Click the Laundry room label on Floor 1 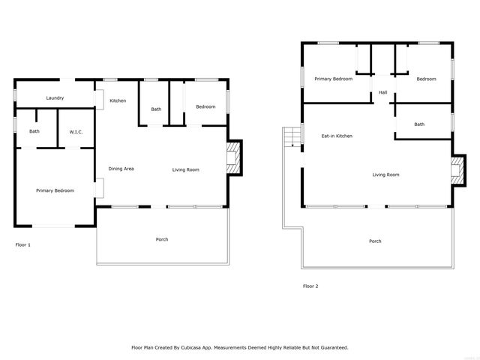tap(55, 98)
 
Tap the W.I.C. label tap(76, 132)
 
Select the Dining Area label tap(121, 169)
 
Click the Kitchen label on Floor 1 tap(118, 100)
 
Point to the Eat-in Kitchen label tap(337, 136)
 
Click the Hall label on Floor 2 tap(382, 92)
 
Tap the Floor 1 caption tap(23, 244)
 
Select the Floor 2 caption tap(310, 286)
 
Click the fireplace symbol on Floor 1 tap(235, 158)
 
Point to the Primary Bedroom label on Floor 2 tap(333, 79)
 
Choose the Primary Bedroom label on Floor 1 tap(55, 190)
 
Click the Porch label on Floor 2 tap(375, 241)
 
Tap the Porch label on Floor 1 tap(161, 239)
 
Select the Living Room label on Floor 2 tap(385, 175)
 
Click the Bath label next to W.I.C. tap(34, 132)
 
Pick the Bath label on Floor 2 tap(418, 124)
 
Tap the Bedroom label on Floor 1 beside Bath tap(205, 106)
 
